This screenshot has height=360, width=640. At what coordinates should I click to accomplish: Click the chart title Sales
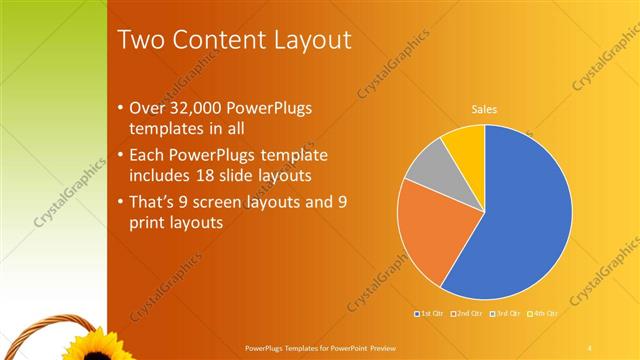tap(484, 109)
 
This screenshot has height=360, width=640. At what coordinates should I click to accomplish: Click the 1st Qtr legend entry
tap(430, 313)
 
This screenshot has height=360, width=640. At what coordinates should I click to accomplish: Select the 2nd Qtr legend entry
tap(468, 313)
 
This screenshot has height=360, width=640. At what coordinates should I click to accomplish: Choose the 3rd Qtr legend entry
tap(506, 313)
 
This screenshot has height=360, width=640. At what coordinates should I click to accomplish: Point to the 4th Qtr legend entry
tap(543, 313)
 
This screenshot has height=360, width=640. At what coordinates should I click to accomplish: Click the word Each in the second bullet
tap(148, 155)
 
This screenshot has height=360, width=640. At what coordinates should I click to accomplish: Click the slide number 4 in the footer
tap(590, 347)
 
